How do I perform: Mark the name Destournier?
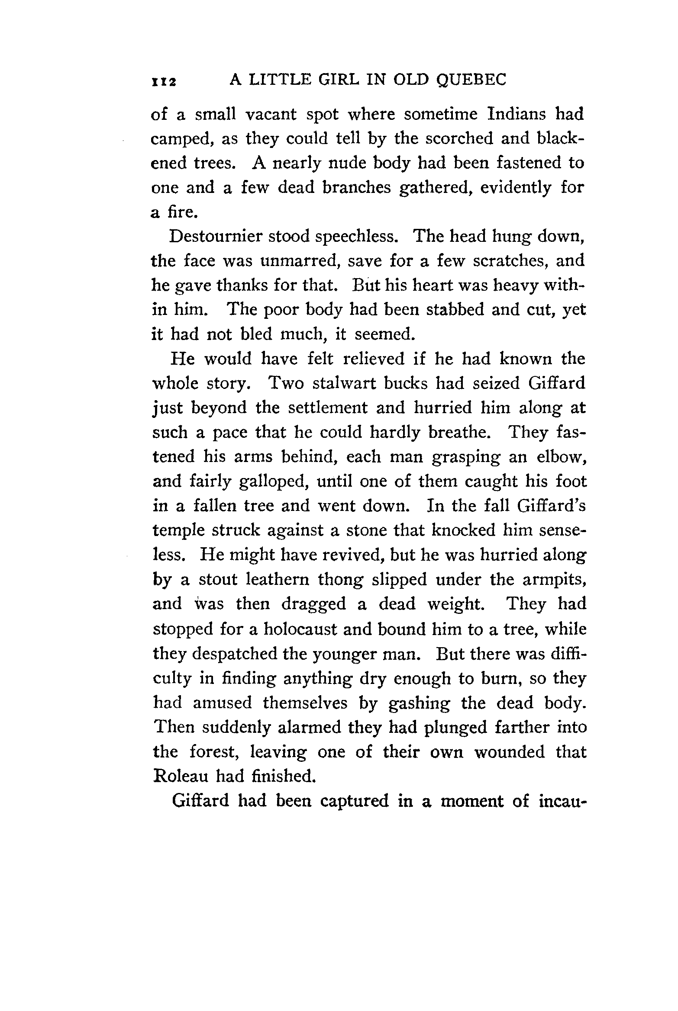tap(215, 236)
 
